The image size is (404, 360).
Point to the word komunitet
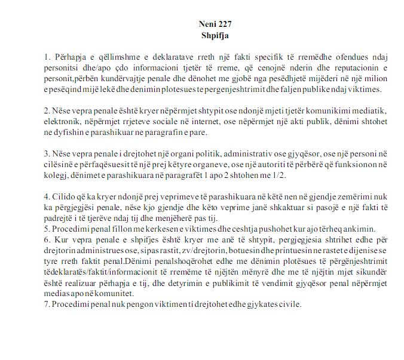(103, 294)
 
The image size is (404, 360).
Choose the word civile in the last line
(287, 305)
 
